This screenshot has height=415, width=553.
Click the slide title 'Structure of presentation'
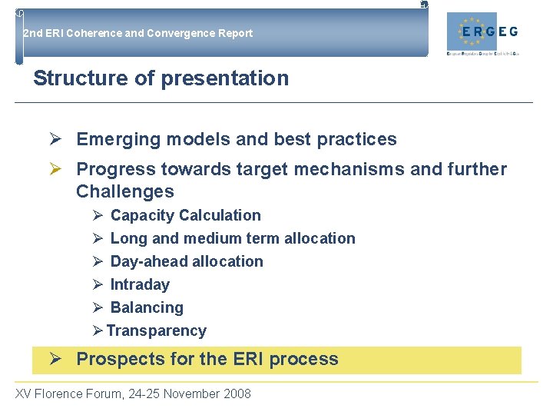(x=161, y=78)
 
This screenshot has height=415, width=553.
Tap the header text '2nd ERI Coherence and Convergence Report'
(x=137, y=33)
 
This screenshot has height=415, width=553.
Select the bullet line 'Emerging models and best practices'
(x=237, y=139)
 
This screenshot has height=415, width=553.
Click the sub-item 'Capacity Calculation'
(x=185, y=215)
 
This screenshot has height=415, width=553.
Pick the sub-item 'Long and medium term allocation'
(x=233, y=238)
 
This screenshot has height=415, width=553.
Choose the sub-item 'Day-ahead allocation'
(x=187, y=261)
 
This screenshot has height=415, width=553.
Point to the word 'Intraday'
(x=140, y=284)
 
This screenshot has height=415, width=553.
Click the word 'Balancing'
(x=147, y=307)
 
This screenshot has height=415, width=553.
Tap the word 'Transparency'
(x=157, y=330)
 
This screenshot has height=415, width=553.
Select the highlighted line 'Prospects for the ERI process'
(x=207, y=359)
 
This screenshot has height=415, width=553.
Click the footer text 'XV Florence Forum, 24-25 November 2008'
(x=133, y=393)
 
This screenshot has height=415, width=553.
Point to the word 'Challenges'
(x=125, y=191)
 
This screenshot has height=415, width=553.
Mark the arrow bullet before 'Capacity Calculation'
(x=98, y=215)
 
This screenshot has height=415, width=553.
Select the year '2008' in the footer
(x=237, y=393)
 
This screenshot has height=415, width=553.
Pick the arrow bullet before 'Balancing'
(x=98, y=307)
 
